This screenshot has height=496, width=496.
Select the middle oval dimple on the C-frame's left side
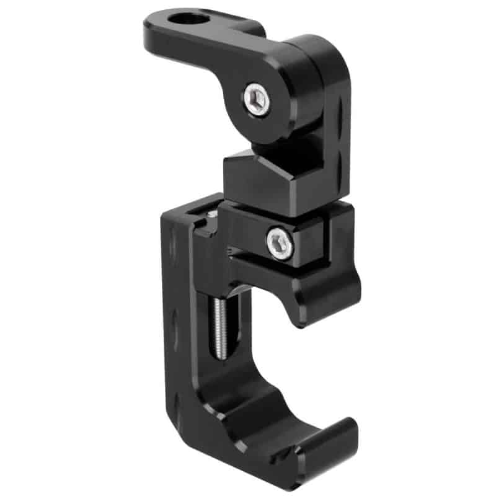pos(174,323)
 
